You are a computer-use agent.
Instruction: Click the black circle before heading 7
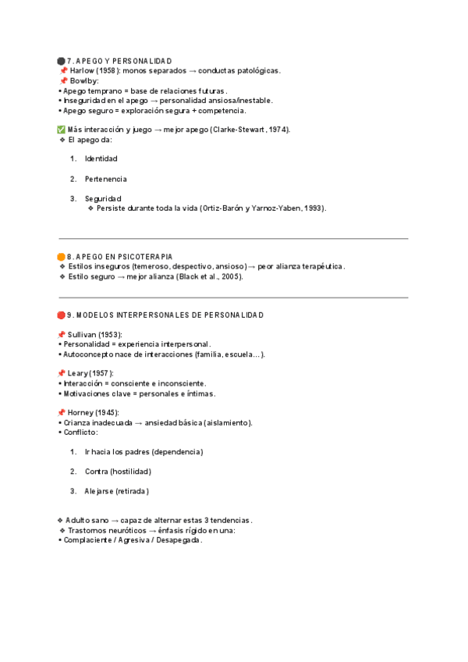coord(62,61)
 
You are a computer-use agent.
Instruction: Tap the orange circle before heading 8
coord(62,256)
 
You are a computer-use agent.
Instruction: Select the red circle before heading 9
coord(62,315)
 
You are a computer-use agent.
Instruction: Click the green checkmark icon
coord(62,130)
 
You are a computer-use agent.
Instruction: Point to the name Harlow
coord(82,70)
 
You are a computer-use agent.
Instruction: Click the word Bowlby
coord(85,80)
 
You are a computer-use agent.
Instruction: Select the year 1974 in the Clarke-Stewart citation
coord(278,130)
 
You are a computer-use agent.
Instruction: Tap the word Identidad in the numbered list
coord(101,158)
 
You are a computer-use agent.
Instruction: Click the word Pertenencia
coord(106,179)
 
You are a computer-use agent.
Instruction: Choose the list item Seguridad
coord(103,198)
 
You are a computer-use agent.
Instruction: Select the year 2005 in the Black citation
coord(229,276)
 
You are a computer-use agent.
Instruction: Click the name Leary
coord(78,373)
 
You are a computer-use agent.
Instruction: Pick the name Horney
coord(80,412)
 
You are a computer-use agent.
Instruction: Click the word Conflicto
coord(80,432)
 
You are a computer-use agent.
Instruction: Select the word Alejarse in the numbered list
coord(99,491)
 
